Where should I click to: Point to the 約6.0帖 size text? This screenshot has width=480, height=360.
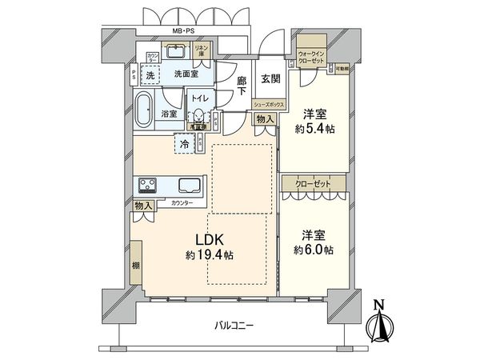313,250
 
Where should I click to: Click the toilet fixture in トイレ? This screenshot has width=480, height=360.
198,117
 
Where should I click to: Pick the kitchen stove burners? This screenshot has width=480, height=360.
149,186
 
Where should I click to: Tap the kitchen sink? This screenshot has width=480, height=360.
190,186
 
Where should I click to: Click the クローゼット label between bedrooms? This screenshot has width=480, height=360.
313,182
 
